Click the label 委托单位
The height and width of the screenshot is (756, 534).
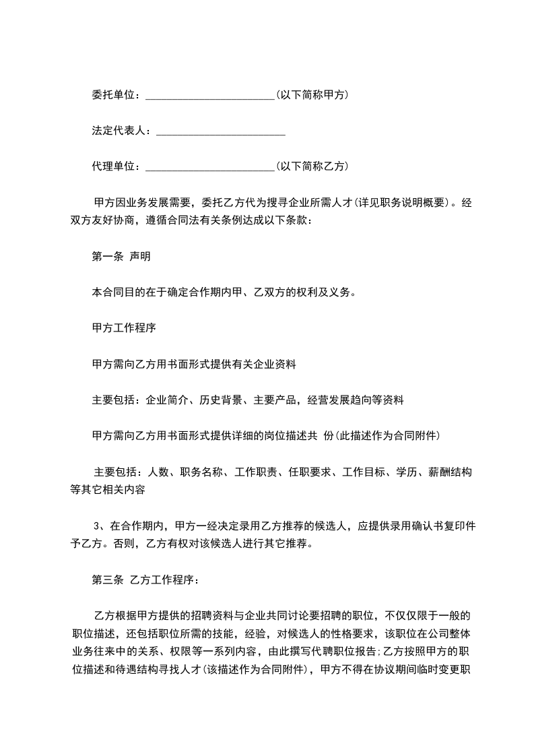[x=115, y=95]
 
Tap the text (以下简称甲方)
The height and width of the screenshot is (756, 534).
[x=312, y=95]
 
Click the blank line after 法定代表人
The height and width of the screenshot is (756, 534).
[x=221, y=131]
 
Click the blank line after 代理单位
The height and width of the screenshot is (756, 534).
[x=210, y=166]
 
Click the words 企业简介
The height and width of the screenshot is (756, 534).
[x=167, y=400]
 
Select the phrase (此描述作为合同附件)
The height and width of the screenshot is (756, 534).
[x=387, y=436]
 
